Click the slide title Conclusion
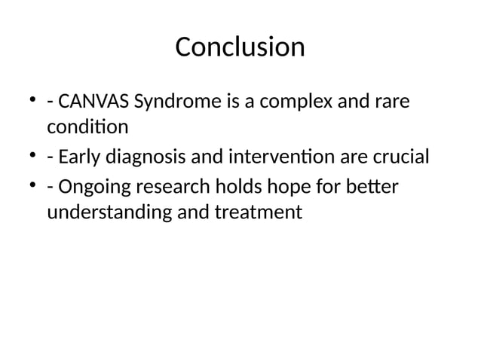click(x=240, y=47)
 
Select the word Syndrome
click(x=178, y=100)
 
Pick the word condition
click(x=87, y=127)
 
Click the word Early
click(x=82, y=157)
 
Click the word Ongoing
click(x=96, y=186)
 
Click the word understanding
click(x=109, y=213)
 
